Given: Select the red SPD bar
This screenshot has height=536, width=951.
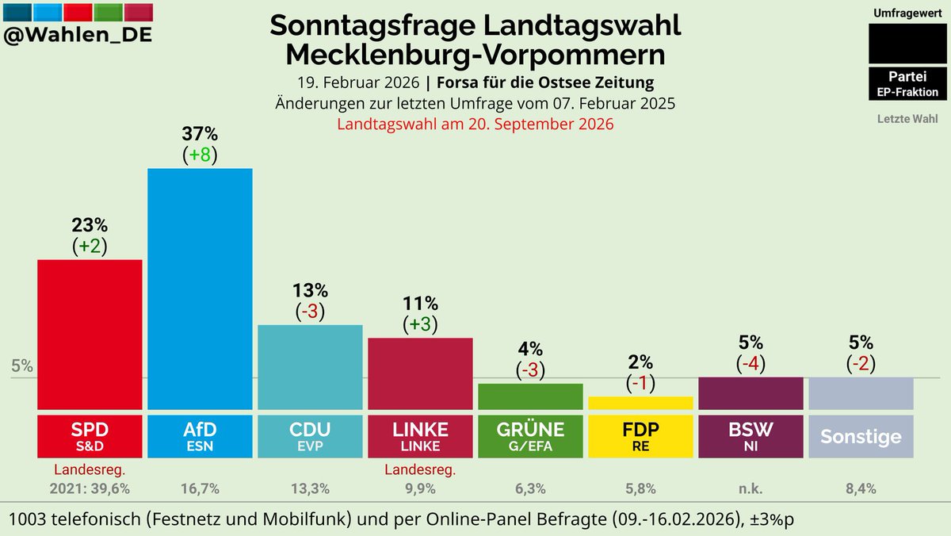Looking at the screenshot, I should click(90, 334).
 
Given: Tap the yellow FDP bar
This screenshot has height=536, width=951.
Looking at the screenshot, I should click(640, 403).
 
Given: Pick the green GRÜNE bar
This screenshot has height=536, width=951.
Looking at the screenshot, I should click(530, 396).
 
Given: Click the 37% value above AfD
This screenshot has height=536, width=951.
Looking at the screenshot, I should click(200, 132).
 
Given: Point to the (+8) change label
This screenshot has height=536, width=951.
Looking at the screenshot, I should click(200, 154).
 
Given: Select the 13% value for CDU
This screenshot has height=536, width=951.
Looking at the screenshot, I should click(310, 290).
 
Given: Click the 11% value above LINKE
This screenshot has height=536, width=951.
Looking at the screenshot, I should click(420, 303).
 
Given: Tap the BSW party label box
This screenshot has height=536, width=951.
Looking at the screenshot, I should click(750, 435).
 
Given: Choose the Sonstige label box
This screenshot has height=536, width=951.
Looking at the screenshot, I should click(861, 435).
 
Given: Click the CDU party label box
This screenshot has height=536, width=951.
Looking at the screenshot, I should click(310, 435).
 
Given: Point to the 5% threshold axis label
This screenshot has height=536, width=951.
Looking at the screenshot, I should click(22, 366).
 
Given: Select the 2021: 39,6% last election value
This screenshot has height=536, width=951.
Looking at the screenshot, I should click(90, 488).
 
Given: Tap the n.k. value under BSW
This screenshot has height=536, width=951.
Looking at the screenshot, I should click(750, 488).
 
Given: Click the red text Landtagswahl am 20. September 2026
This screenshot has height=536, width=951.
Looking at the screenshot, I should click(475, 124).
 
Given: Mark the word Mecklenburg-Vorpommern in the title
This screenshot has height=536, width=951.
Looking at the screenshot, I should click(475, 56).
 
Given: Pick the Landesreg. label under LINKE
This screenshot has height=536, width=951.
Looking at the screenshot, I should click(420, 470).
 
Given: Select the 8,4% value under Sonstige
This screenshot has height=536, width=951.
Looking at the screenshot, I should click(861, 488).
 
